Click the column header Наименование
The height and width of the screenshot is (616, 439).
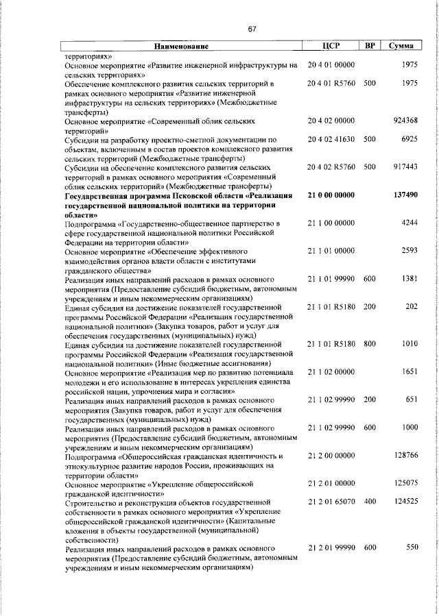tap(180, 47)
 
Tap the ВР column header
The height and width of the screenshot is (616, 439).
tap(370, 47)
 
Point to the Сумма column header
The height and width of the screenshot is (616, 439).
tap(401, 47)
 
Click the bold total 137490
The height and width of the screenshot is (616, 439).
tap(405, 195)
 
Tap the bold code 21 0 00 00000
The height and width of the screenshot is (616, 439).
tap(331, 195)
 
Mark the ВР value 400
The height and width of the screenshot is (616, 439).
tap(370, 502)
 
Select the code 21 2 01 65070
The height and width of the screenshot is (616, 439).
tap(331, 502)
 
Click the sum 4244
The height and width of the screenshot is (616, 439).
tap(410, 223)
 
